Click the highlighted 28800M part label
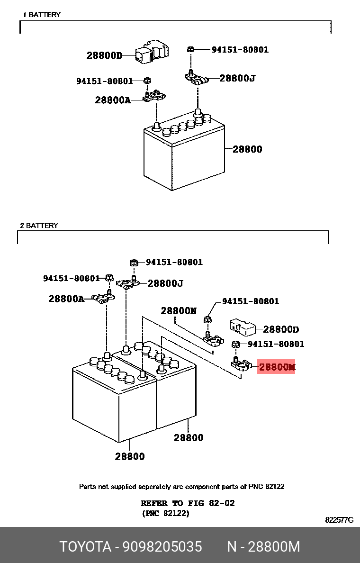coord(277,367)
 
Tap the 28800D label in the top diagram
coord(104,55)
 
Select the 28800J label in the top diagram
coord(237,78)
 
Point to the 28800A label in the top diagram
coord(113,100)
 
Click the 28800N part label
coord(179,310)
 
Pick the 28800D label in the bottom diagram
coord(281,330)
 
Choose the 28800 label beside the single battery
coord(247,149)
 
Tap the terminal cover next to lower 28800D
coord(243,326)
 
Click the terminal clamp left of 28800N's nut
coord(213,338)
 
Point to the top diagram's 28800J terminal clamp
coord(196,78)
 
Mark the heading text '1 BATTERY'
coord(42,15)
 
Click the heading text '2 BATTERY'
coord(39,226)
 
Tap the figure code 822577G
coord(339,520)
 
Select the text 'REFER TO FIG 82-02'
coord(188,503)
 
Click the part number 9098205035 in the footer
coord(162,546)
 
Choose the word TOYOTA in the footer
coord(85,546)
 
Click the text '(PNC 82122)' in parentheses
coord(165,513)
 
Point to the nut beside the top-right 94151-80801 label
coord(191,49)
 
